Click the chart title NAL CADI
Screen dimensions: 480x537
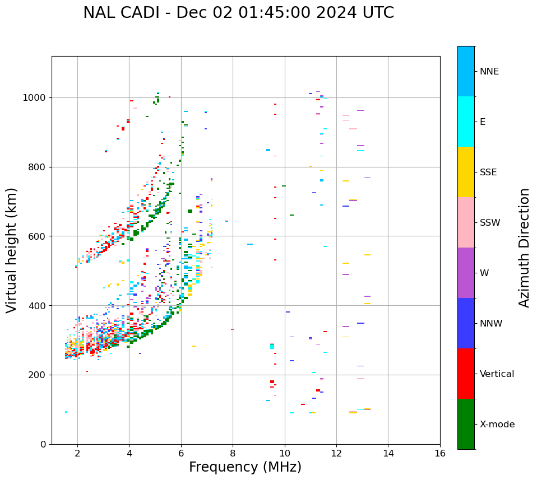tap(238, 13)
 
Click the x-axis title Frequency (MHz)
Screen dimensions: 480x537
tap(245, 467)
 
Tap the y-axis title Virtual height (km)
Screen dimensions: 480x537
tap(12, 250)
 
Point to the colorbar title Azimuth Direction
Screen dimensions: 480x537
tap(524, 247)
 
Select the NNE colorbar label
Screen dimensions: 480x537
tap(489, 72)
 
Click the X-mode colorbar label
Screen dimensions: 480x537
tap(497, 425)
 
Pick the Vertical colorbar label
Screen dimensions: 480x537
tap(497, 374)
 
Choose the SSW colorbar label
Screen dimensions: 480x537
tap(490, 223)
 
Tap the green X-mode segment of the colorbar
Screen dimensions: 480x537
tap(466, 424)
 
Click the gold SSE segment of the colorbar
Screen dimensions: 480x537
tap(466, 172)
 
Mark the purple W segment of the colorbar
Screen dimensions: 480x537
tap(466, 273)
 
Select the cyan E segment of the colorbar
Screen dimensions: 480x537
tap(466, 122)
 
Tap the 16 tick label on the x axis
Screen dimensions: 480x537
tap(440, 453)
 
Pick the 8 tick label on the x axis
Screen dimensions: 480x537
tap(233, 453)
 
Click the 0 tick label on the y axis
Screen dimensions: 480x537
tap(43, 444)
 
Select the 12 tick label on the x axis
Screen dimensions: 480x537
tap(336, 453)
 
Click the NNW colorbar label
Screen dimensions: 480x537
tap(490, 324)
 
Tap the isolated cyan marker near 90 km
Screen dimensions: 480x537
tap(66, 412)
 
